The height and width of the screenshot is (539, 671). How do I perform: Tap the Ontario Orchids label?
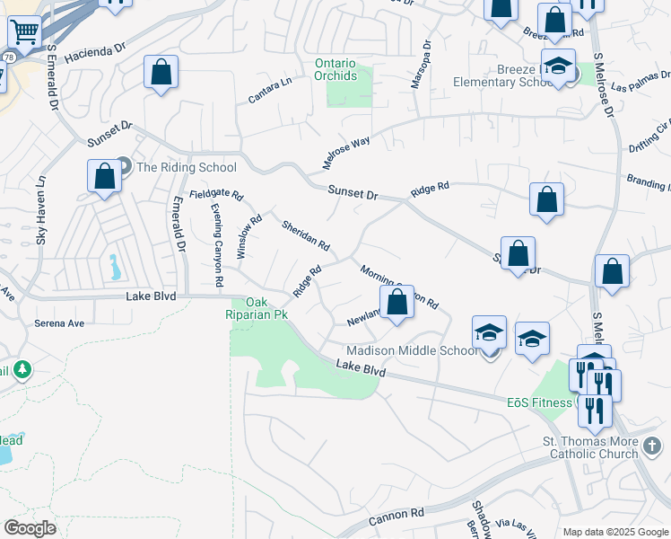335,69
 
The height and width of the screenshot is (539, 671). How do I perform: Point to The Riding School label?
186,167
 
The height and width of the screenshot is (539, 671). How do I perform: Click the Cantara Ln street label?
271,90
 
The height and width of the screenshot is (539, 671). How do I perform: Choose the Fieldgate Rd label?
216,195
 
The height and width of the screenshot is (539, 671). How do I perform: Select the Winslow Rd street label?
248,237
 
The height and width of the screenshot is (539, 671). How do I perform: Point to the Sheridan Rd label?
305,235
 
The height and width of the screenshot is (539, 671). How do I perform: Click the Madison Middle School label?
412,350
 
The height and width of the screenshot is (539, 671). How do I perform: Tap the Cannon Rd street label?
396,515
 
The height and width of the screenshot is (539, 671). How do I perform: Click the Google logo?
30,528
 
